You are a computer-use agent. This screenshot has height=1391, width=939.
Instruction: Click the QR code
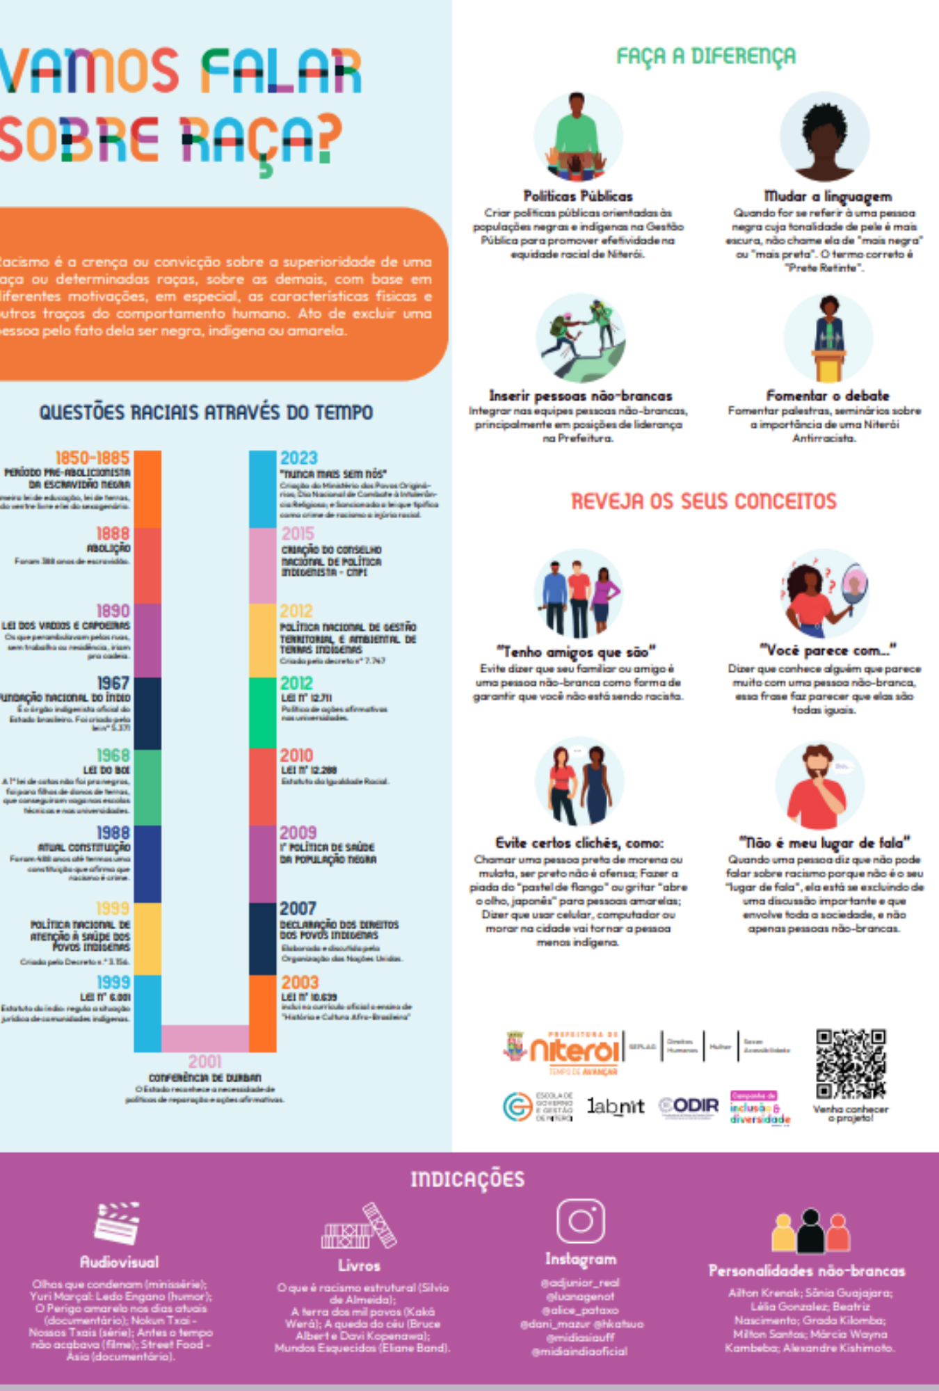pos(850,1063)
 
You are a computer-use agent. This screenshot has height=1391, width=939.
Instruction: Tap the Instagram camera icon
pos(580,1221)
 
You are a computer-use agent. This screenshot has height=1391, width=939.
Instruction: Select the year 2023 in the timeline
pos(298,458)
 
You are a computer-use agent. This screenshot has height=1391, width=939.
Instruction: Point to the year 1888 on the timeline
pos(113,533)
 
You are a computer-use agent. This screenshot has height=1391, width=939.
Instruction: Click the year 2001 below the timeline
pos(204,1062)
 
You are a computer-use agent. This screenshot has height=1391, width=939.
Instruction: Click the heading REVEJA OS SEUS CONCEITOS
pos(703,501)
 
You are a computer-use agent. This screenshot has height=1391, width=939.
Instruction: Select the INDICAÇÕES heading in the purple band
pos(467,1180)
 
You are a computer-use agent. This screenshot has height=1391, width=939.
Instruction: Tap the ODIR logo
pos(689,1105)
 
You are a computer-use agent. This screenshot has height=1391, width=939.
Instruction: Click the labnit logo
pos(615,1106)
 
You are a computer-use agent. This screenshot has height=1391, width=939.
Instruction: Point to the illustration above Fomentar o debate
pos(828,338)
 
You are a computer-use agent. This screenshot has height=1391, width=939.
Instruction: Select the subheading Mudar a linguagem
pos(827,196)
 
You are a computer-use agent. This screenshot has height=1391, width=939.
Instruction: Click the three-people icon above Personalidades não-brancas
pos(810,1230)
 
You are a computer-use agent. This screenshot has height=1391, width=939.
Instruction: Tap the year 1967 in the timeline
pos(113,683)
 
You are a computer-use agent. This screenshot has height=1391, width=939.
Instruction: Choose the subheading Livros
pos(359,1265)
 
